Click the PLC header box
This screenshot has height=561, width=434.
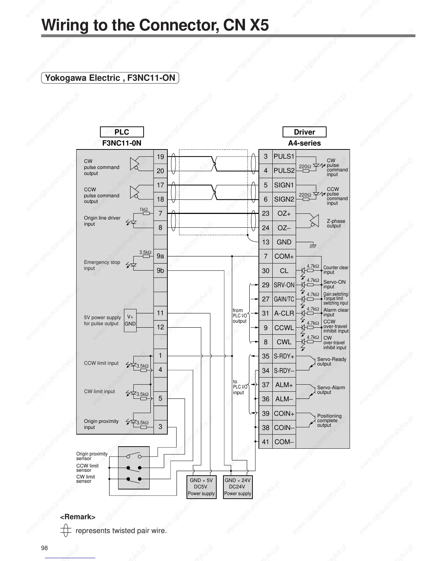(x=122, y=132)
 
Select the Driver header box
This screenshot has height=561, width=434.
(x=304, y=132)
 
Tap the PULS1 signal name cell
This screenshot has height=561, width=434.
(x=284, y=157)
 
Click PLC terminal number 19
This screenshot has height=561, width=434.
(x=160, y=157)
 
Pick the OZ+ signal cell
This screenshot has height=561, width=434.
(x=284, y=214)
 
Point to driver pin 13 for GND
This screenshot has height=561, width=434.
(x=266, y=242)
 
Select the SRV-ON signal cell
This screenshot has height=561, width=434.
(x=284, y=285)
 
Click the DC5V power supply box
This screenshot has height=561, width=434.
(x=201, y=487)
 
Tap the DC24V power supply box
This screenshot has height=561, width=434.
(x=238, y=487)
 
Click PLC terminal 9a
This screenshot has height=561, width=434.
(x=160, y=256)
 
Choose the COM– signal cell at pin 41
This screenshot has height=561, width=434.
(x=284, y=442)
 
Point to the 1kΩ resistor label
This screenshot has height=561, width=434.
(x=144, y=209)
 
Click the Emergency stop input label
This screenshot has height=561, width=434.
(x=102, y=265)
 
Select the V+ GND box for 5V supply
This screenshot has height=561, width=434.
(x=130, y=321)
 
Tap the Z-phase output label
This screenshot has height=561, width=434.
(x=336, y=223)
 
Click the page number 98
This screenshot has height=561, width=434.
(x=44, y=548)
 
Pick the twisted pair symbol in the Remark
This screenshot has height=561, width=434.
(x=64, y=531)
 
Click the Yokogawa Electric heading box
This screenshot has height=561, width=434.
(x=110, y=78)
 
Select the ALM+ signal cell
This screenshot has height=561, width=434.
(x=284, y=385)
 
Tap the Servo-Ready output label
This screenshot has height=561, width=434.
(x=332, y=361)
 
